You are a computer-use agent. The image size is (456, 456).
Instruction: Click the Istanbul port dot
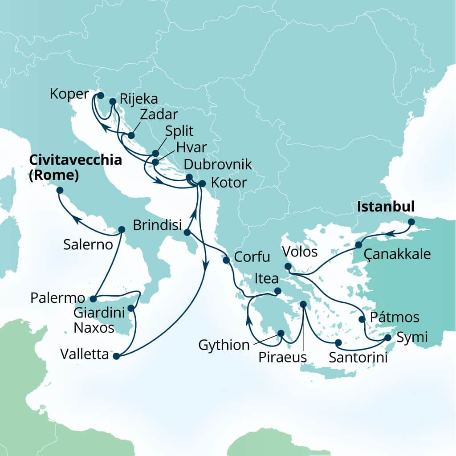point(411,221)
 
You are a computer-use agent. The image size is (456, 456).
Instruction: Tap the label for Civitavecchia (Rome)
point(76,168)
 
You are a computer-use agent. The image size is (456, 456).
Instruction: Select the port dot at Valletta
point(116,356)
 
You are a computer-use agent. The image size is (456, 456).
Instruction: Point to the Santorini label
point(357,357)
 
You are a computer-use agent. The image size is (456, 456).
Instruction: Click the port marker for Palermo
point(93,299)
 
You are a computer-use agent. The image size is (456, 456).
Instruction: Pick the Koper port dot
point(100,95)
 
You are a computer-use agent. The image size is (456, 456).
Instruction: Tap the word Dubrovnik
point(218,165)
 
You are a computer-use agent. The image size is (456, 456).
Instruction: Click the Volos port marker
point(288,267)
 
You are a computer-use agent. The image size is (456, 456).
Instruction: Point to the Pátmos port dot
point(362,319)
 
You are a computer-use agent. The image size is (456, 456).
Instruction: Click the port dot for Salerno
point(122,229)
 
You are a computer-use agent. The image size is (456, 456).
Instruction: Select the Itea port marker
point(278,291)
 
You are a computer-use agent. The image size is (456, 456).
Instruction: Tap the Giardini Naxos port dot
point(131,308)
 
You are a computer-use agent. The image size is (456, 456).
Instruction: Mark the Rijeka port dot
point(112,102)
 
